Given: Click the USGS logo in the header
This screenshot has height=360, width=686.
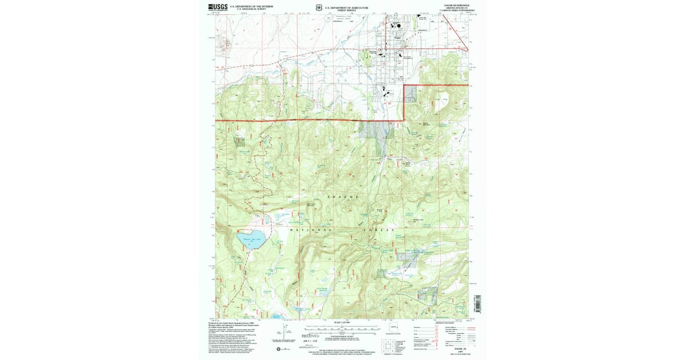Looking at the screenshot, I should (218, 7).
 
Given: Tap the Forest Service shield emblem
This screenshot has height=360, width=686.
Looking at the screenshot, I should (320, 8).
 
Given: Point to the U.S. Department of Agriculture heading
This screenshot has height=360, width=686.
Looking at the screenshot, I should (346, 7).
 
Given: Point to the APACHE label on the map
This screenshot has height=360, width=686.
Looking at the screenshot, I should (343, 197).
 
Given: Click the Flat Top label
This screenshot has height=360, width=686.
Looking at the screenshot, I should (441, 101).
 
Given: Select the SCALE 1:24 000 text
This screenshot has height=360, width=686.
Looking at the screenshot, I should (341, 323).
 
